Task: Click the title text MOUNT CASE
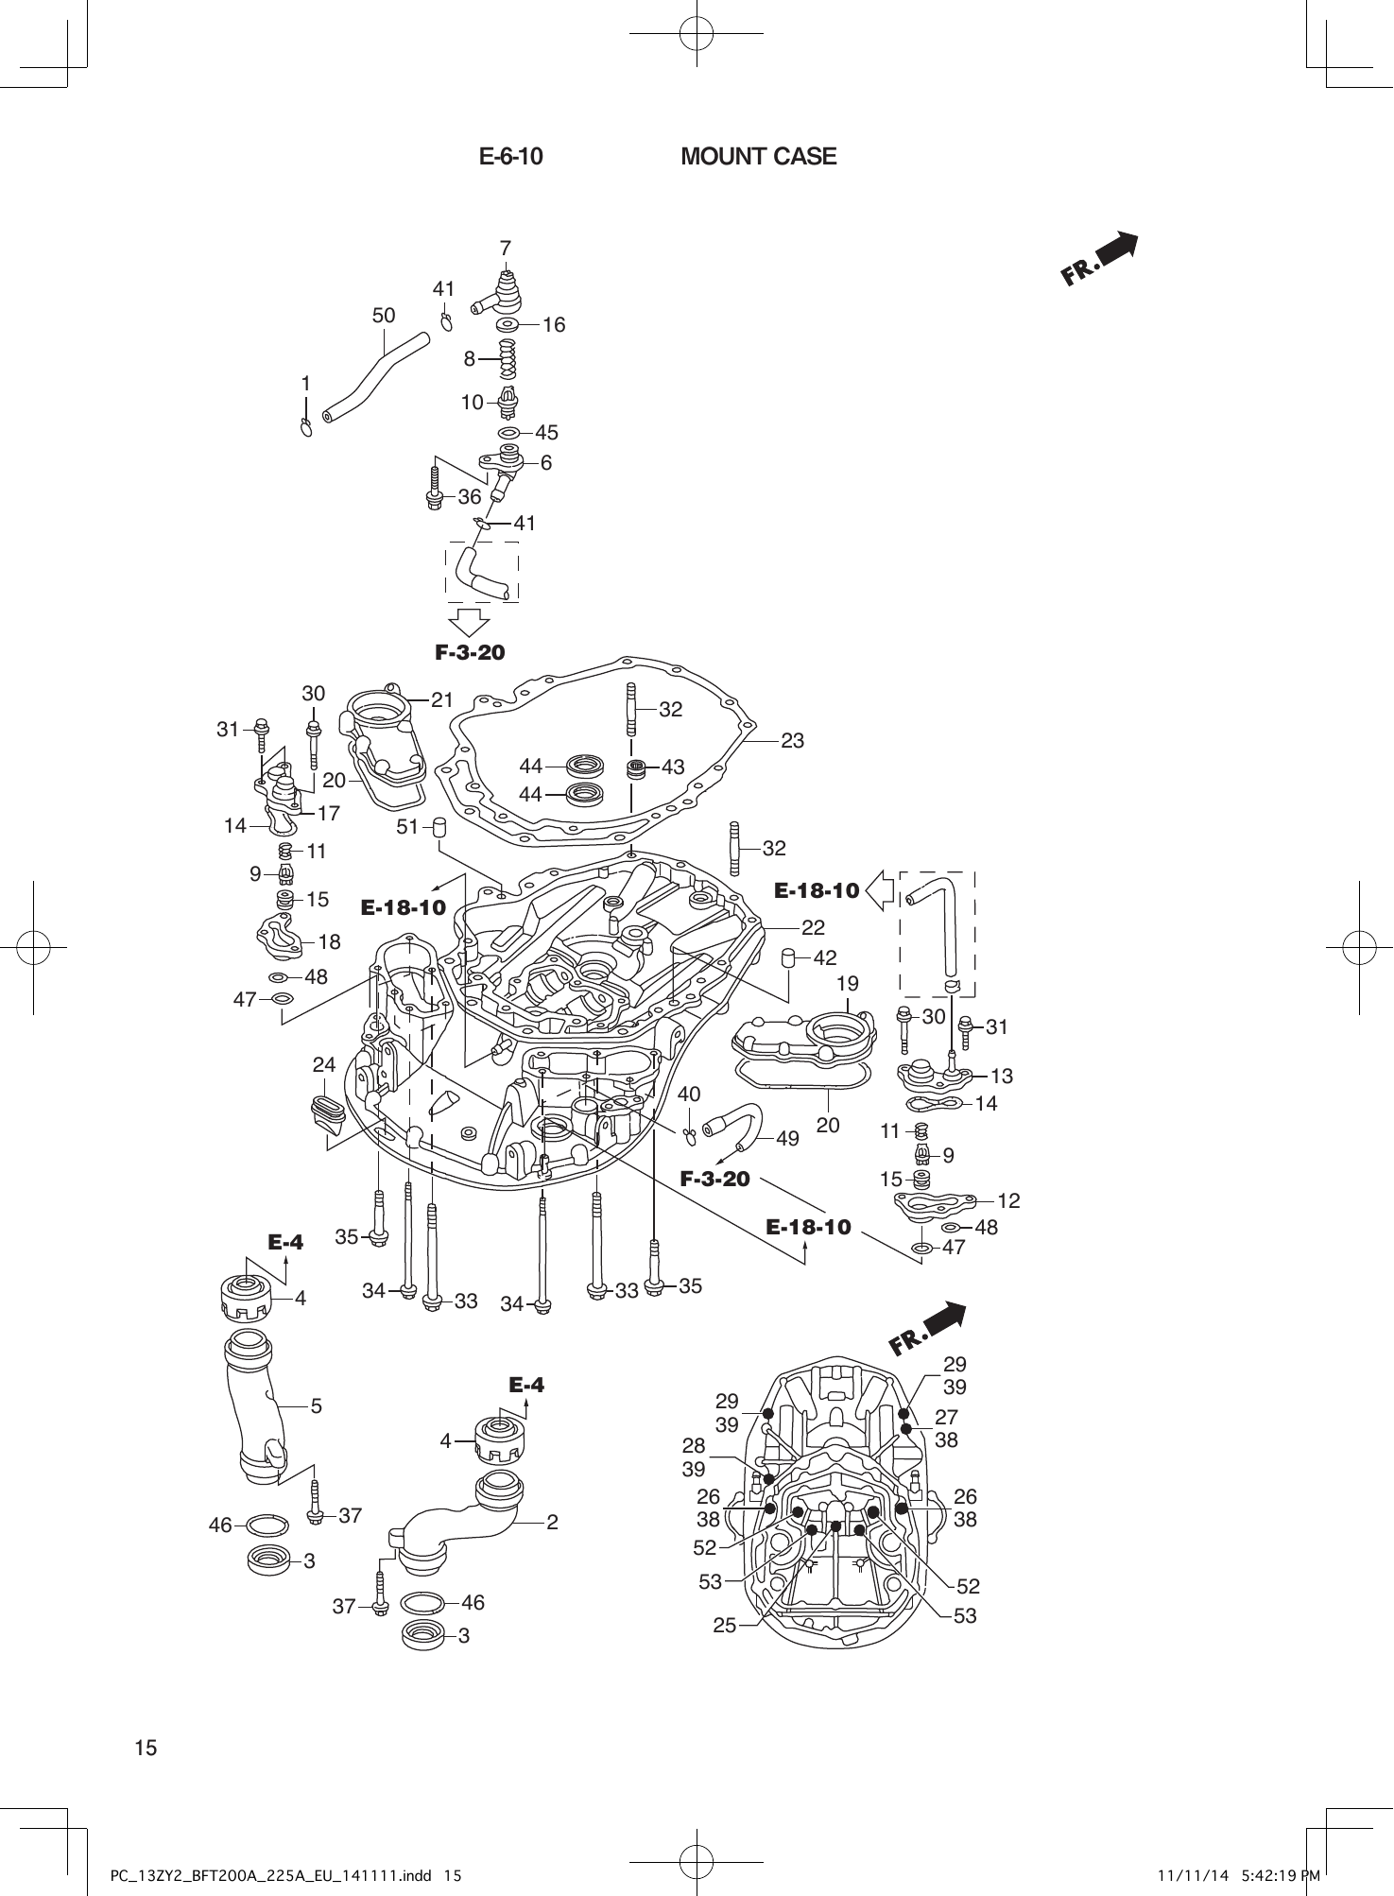click(758, 156)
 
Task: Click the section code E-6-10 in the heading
click(510, 156)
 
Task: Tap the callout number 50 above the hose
click(383, 316)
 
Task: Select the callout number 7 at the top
click(506, 248)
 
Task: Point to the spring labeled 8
click(509, 358)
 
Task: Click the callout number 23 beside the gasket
click(792, 741)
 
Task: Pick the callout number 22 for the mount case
click(813, 927)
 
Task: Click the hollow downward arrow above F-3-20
click(469, 620)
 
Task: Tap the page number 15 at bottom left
click(146, 1748)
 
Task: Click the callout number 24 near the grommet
click(324, 1065)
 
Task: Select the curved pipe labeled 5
click(257, 1409)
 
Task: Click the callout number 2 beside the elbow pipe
click(552, 1522)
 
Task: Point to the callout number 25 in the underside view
click(725, 1626)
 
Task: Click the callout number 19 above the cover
click(848, 984)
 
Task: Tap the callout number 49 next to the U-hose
click(787, 1139)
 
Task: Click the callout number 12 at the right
click(1008, 1200)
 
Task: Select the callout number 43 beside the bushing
click(673, 767)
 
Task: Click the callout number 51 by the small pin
click(407, 827)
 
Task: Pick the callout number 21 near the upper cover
click(442, 700)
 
